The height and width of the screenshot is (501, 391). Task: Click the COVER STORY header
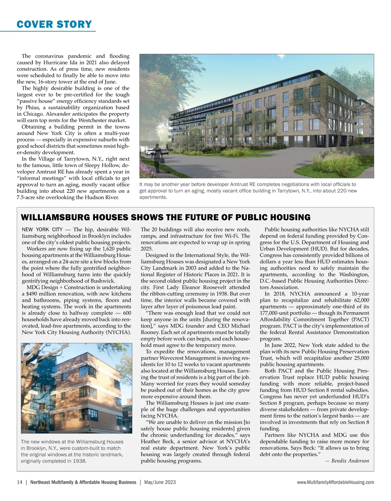(54, 24)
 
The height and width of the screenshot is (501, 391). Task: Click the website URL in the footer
(335, 482)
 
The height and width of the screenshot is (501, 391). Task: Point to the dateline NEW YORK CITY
(42, 230)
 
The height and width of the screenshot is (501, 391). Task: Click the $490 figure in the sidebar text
(29, 294)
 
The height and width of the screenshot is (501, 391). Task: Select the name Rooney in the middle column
(151, 332)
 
